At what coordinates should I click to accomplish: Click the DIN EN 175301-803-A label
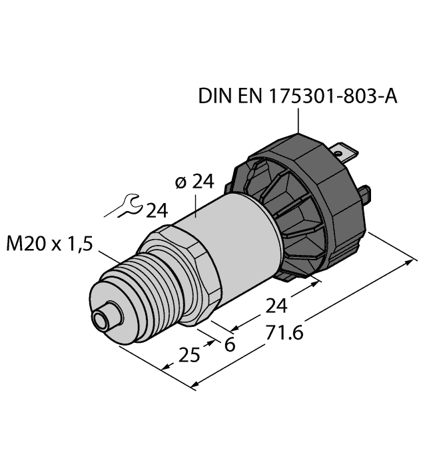point(298,98)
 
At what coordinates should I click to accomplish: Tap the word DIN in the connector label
point(213,98)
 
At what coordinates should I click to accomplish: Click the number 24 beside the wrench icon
point(157,211)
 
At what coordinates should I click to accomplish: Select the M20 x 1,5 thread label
point(50,244)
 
